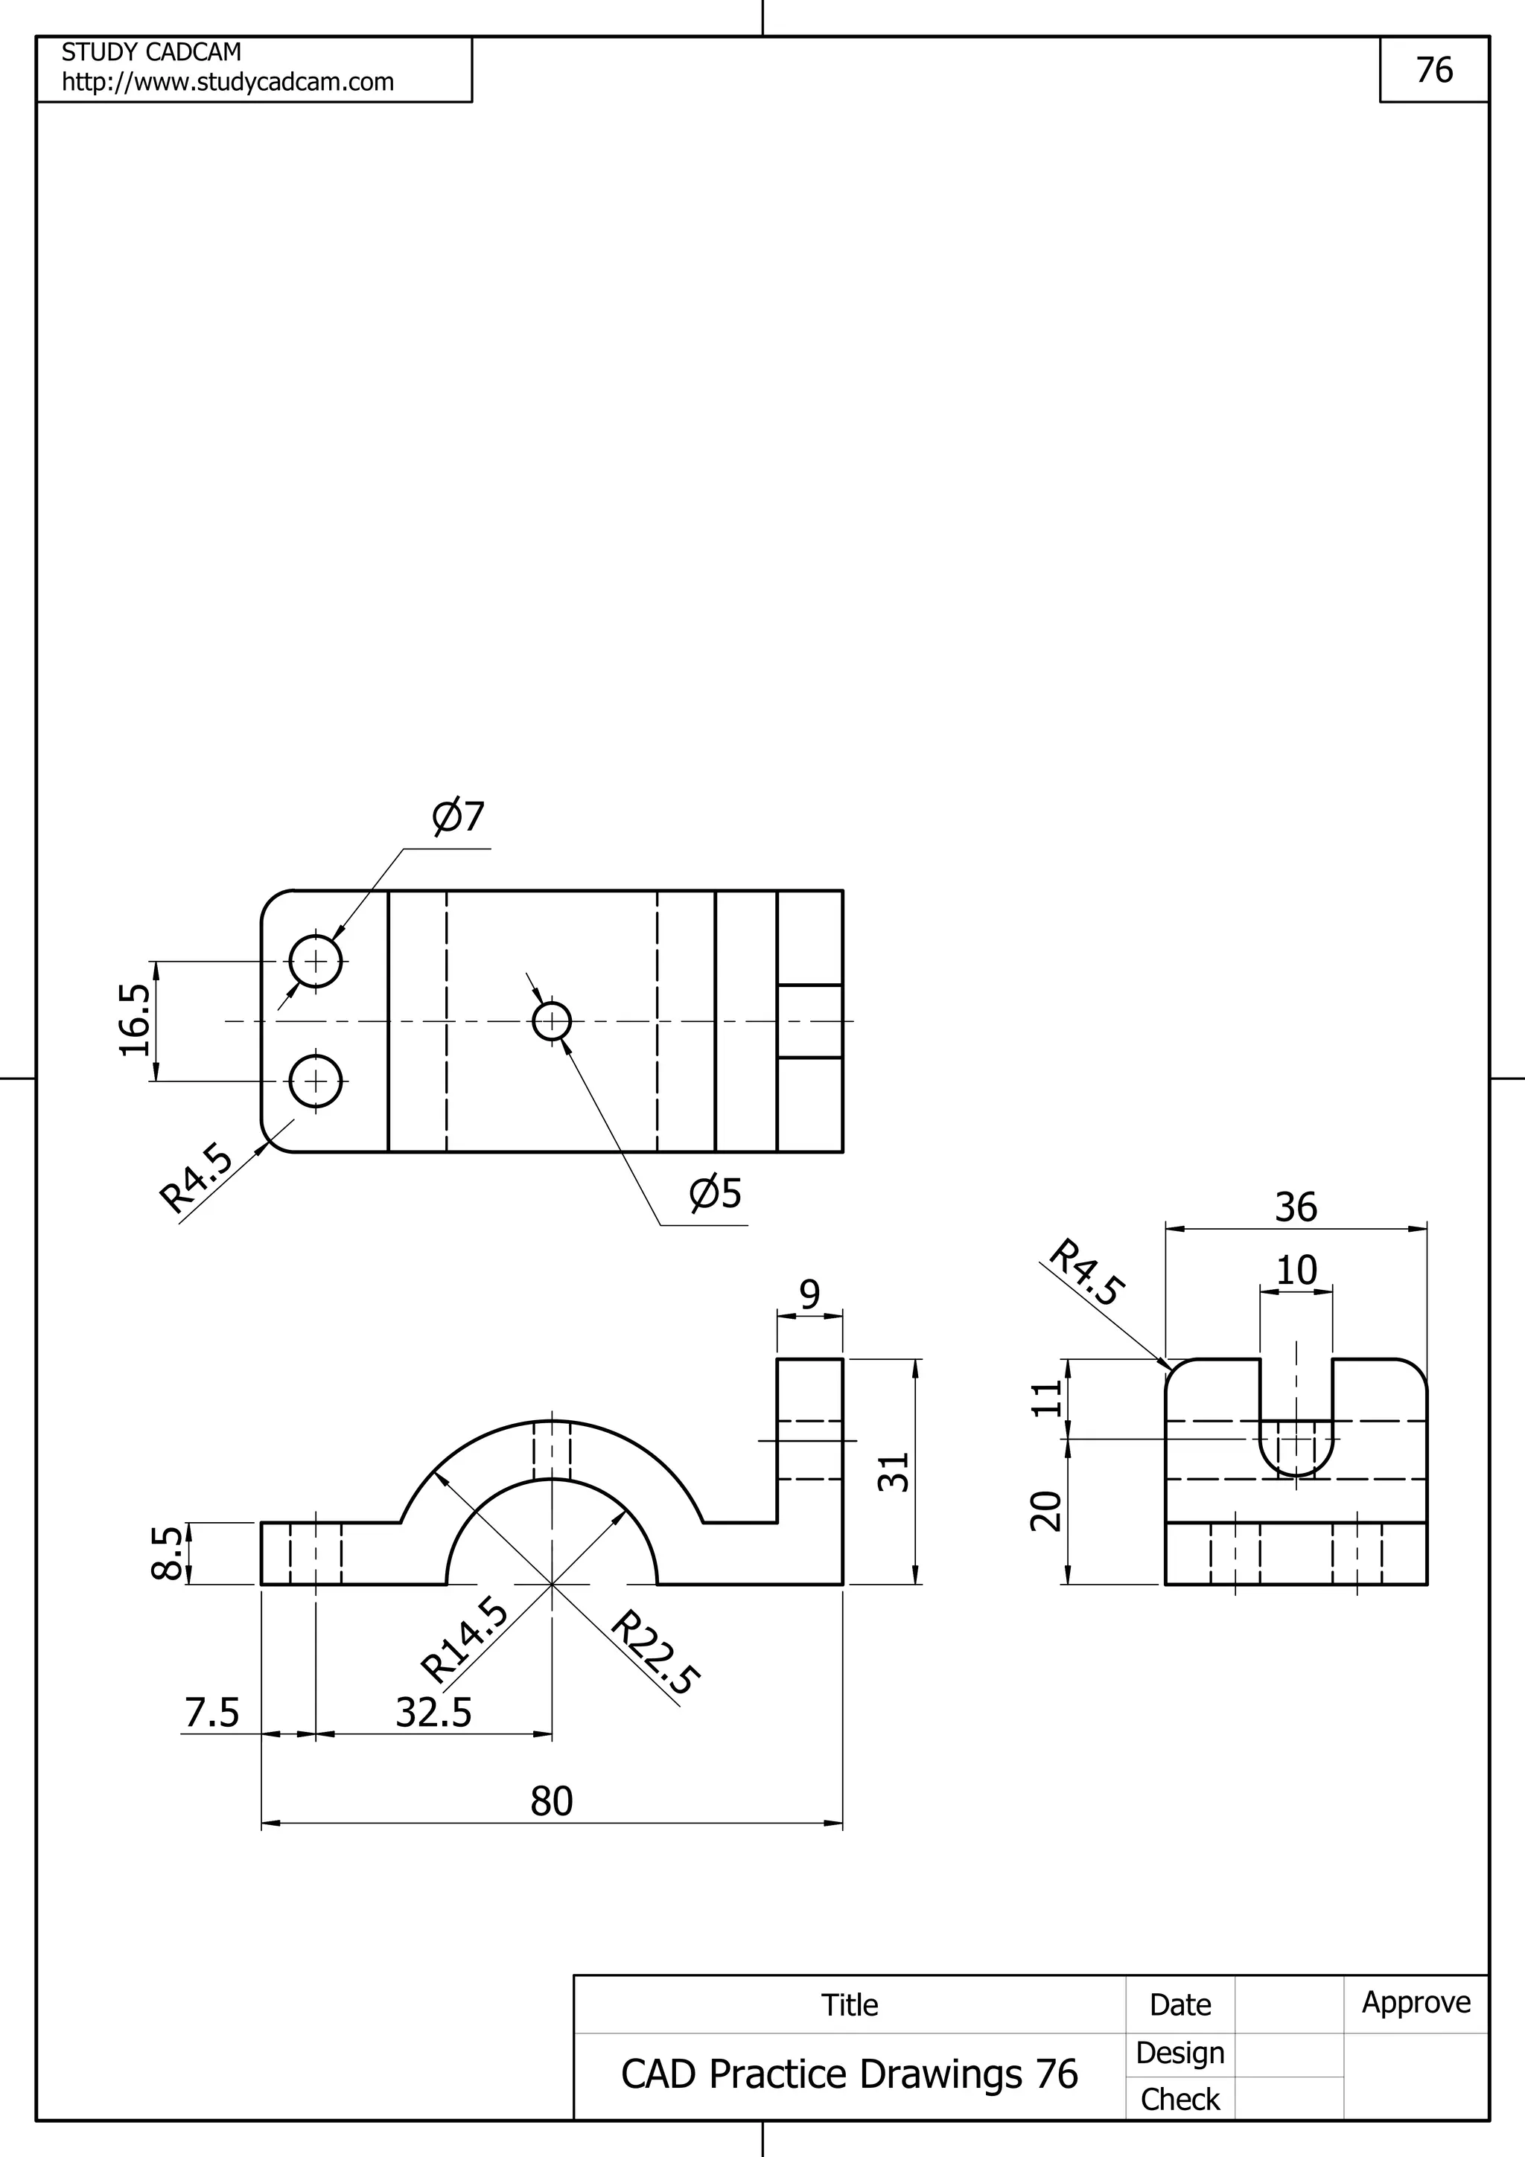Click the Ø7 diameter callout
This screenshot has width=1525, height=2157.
click(x=458, y=817)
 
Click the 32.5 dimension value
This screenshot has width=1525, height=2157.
click(x=433, y=1713)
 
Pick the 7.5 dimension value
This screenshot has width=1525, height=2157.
click(x=211, y=1713)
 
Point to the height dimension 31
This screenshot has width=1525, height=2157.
click(x=894, y=1471)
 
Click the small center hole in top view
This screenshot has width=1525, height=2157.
click(x=552, y=1021)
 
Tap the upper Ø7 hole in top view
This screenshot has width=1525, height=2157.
click(x=316, y=961)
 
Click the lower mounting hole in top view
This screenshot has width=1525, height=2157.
click(x=316, y=1081)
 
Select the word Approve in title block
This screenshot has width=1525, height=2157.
click(x=1416, y=2002)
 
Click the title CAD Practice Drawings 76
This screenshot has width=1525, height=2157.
click(x=850, y=2074)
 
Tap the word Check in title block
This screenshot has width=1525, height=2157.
click(x=1179, y=2099)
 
